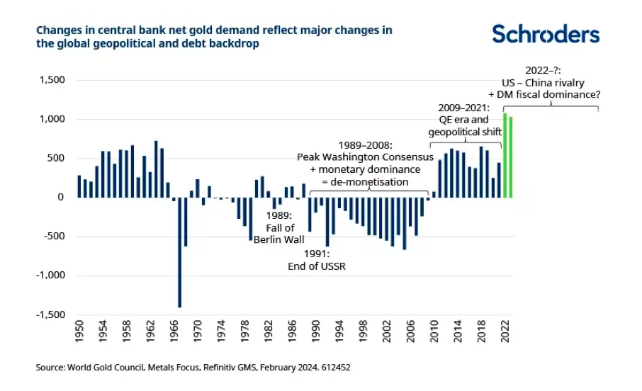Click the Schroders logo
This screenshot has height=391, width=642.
[x=545, y=33]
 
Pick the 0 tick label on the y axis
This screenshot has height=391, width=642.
[x=62, y=198]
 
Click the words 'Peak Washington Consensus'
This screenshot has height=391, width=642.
[x=365, y=157]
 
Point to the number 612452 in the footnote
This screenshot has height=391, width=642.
[x=335, y=368]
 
